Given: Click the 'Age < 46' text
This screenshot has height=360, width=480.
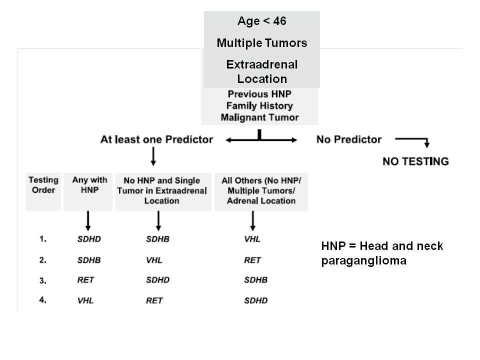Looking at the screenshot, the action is (261, 21).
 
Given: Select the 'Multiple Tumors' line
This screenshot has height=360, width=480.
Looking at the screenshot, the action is (261, 43).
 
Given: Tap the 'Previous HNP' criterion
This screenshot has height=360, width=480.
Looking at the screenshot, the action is (259, 94).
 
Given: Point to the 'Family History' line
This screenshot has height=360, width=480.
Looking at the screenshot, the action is (259, 105).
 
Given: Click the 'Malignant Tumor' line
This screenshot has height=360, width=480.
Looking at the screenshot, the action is (259, 117).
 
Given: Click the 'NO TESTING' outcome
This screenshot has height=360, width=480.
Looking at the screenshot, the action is (415, 161).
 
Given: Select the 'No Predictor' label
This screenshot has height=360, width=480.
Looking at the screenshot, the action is (349, 139).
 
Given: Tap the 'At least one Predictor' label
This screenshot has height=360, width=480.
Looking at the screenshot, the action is (156, 139).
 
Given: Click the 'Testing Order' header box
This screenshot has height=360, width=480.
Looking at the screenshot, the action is (43, 192).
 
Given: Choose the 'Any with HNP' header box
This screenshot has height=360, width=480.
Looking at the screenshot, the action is (88, 192).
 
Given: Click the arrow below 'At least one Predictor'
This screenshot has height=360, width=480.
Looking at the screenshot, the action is (153, 156).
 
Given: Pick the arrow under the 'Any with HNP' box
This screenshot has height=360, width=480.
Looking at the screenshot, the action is (88, 220).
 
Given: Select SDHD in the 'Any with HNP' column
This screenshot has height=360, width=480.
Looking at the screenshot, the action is (89, 239).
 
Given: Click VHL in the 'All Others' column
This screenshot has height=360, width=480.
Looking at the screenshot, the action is (252, 239).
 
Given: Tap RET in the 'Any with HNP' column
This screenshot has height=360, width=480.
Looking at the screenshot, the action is (85, 280).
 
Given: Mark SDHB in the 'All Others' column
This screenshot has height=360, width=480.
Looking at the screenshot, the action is (256, 280).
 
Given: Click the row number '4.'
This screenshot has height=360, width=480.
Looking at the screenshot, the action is (43, 300).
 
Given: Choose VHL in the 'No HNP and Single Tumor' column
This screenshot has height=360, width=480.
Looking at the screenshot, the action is (154, 260).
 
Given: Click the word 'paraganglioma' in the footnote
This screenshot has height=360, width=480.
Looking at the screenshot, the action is (364, 261).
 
